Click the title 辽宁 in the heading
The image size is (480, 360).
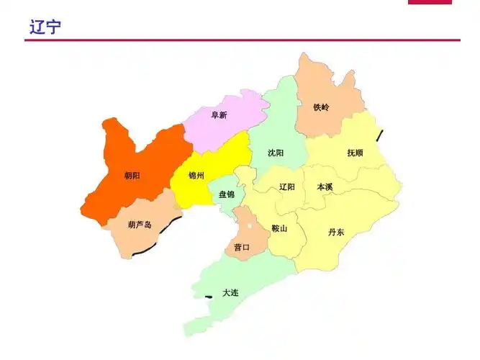coord(45,27)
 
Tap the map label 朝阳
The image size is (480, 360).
coord(132,175)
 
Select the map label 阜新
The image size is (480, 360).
coord(219,115)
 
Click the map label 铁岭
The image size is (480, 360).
coord(321,107)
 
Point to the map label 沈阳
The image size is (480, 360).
coord(276,153)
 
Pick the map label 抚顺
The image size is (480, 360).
coord(355,153)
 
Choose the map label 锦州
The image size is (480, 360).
coord(196,176)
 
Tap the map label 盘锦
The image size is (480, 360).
coord(226,194)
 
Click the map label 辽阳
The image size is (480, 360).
coord(287,187)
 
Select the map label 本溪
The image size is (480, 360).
coord(325,187)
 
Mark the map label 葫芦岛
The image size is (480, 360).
coord(140,225)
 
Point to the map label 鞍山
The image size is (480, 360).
coord(279,229)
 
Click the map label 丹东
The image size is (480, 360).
coord(336,232)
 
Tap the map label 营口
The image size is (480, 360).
coord(242,247)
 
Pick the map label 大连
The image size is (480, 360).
coord(230,292)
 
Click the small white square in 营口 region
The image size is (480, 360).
coord(250,225)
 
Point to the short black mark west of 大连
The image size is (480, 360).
coord(209,296)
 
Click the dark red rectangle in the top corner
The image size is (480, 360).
coord(430,2)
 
